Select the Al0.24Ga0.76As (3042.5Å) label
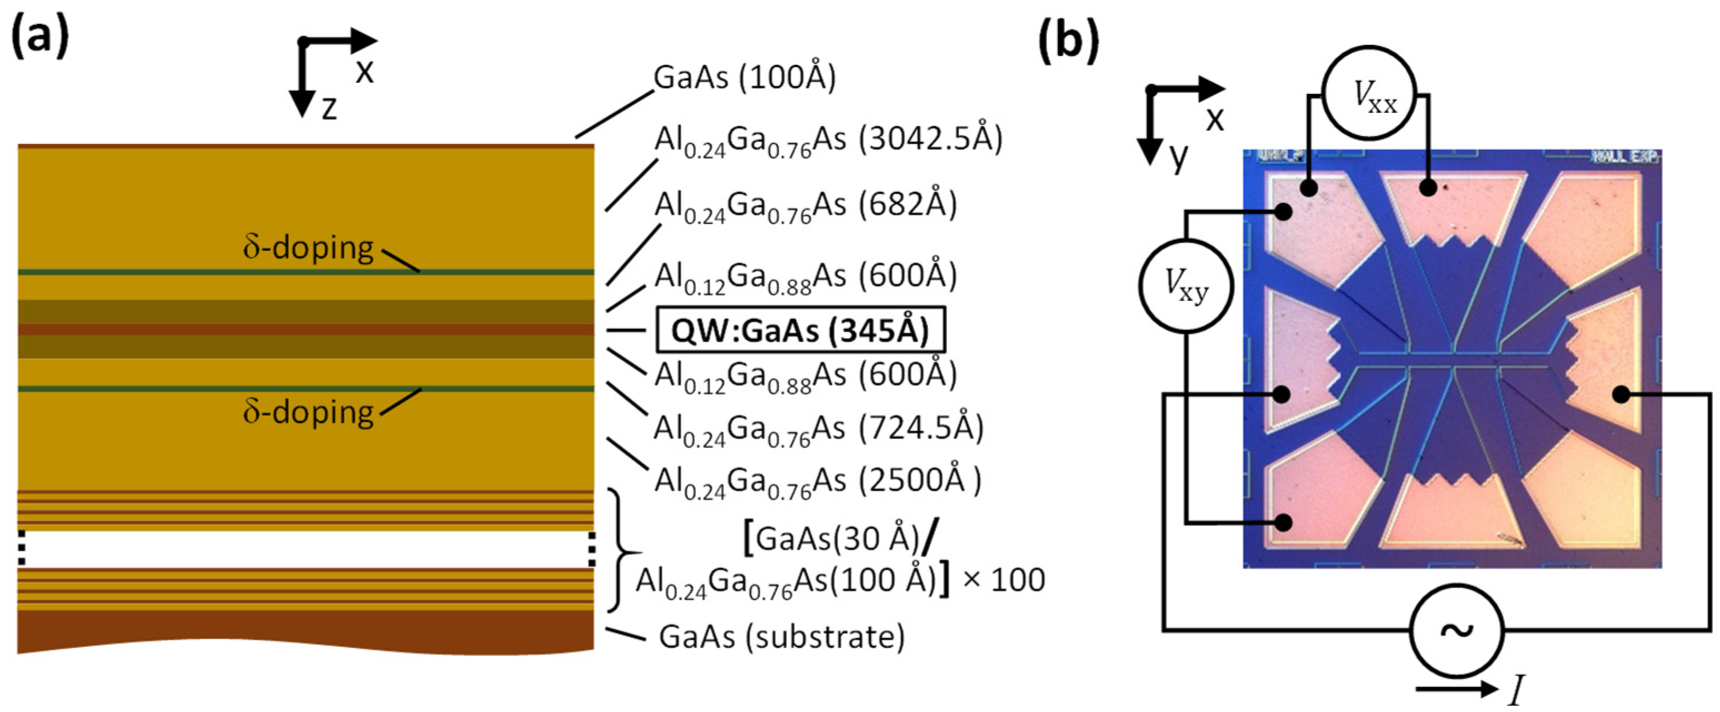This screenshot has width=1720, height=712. (x=828, y=140)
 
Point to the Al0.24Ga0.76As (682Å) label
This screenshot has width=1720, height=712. (x=805, y=205)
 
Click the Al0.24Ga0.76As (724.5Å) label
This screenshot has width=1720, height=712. (x=819, y=428)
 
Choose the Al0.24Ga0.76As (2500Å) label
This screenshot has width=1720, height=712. (x=817, y=480)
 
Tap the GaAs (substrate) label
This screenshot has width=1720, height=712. (x=781, y=636)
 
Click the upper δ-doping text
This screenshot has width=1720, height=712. (x=308, y=248)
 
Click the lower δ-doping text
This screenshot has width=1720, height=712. (x=308, y=412)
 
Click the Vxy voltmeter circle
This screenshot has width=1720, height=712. (x=1186, y=285)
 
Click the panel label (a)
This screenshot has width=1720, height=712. (x=40, y=36)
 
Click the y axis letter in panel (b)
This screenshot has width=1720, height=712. (x=1179, y=157)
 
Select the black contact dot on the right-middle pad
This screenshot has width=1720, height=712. (x=1621, y=395)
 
